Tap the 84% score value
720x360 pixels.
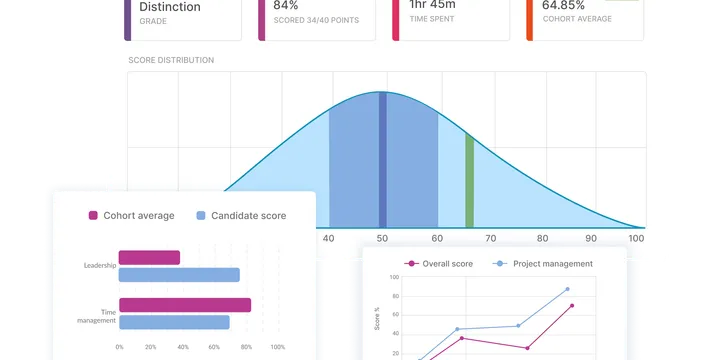click(286, 5)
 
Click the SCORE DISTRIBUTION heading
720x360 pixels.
click(171, 60)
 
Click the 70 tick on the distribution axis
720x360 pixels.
click(488, 239)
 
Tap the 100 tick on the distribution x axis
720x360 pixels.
click(636, 239)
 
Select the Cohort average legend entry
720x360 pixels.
click(131, 215)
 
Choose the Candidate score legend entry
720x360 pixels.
click(241, 215)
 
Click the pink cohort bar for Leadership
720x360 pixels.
click(149, 258)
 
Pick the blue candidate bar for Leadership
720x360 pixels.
click(179, 275)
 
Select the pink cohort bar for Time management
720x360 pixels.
click(185, 305)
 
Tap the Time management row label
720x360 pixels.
click(97, 316)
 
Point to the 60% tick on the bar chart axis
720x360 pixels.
click(214, 347)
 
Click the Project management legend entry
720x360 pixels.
click(545, 264)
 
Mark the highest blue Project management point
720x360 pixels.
click(568, 289)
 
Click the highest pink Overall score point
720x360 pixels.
click(572, 306)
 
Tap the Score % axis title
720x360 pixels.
click(377, 317)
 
